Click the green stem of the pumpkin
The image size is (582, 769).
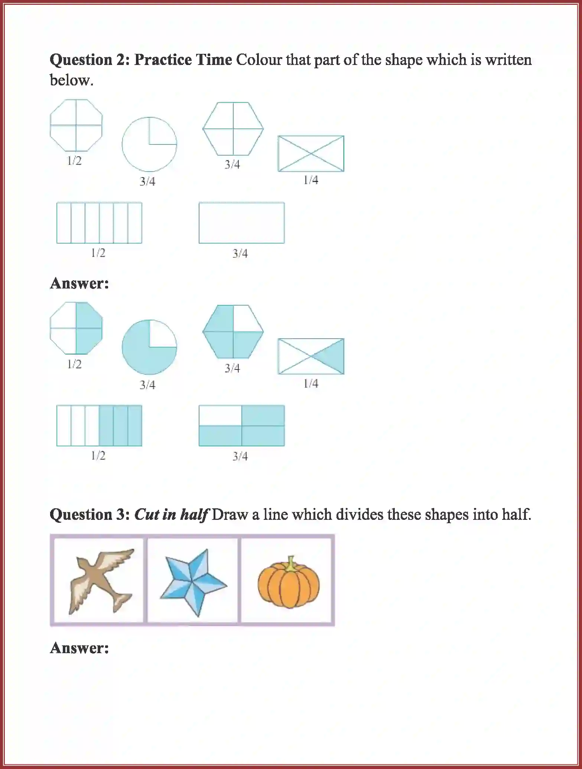(291, 563)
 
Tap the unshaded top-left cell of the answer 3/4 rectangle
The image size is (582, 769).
(220, 415)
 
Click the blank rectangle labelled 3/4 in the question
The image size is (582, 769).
(241, 223)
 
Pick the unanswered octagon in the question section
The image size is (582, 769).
(76, 126)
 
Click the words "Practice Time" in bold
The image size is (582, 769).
(183, 60)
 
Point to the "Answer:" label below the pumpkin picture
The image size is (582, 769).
(79, 648)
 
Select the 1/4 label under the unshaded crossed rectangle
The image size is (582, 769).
(311, 180)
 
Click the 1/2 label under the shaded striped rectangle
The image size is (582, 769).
(98, 456)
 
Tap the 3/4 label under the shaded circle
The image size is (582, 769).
(147, 385)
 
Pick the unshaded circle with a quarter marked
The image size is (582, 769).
(149, 144)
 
